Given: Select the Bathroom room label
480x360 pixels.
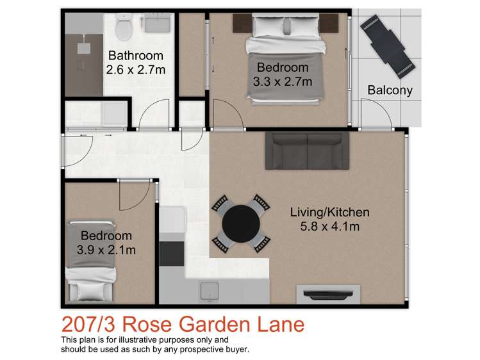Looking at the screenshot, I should tap(135, 56).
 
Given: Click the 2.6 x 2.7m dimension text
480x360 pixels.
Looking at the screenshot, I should tap(135, 69).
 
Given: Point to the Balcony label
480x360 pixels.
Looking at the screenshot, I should tap(390, 90).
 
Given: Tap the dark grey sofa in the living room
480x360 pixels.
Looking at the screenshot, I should tap(308, 151).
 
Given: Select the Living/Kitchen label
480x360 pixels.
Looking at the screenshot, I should tap(329, 212).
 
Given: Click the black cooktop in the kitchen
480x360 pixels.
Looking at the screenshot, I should tap(170, 252).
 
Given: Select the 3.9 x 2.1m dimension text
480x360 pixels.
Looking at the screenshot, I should tap(103, 249).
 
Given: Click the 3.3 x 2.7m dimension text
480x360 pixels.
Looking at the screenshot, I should tap(283, 81).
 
